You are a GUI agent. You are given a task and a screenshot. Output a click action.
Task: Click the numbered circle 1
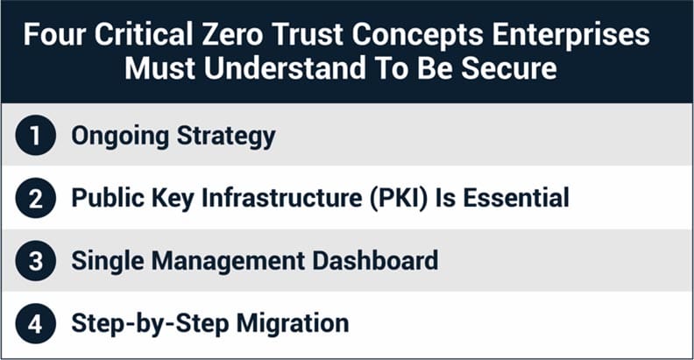point(35,135)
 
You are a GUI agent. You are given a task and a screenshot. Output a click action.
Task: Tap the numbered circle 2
point(35,198)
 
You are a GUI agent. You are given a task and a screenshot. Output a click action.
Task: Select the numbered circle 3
point(35,260)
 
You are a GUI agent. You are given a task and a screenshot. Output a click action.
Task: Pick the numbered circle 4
point(35,323)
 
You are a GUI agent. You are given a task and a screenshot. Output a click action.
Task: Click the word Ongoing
point(120,137)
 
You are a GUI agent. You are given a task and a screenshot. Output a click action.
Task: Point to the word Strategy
point(226,137)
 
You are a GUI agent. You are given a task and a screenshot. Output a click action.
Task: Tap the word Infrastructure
point(282,197)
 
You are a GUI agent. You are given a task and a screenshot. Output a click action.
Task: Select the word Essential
point(516,197)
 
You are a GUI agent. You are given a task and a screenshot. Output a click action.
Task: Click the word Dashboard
point(375,260)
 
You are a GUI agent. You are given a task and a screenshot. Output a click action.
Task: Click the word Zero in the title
point(232,34)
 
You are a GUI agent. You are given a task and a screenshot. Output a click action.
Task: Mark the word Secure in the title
point(509,68)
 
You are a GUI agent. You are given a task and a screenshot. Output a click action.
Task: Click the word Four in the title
point(54,34)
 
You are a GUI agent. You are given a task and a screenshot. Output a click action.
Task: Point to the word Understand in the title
point(285,68)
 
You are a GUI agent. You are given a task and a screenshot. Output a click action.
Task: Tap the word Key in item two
point(173,199)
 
